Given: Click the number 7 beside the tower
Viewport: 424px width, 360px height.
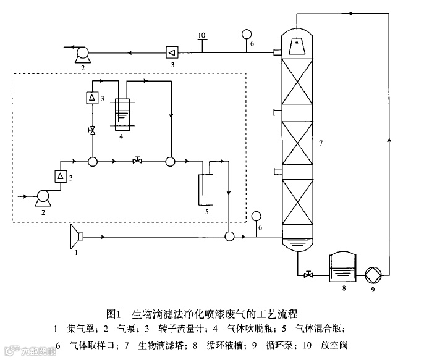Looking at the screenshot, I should pyautogui.click(x=321, y=144).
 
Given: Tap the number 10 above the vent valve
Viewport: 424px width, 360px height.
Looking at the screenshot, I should pyautogui.click(x=201, y=35).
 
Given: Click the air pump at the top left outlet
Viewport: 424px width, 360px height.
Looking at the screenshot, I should pyautogui.click(x=81, y=54).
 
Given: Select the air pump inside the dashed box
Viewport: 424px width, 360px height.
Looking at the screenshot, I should pyautogui.click(x=43, y=197).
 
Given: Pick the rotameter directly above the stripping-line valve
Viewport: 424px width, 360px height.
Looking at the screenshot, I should pyautogui.click(x=91, y=98).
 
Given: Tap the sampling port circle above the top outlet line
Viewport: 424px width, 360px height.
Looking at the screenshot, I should pyautogui.click(x=246, y=33).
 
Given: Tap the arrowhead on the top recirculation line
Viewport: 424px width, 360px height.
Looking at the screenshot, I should pyautogui.click(x=344, y=12).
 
